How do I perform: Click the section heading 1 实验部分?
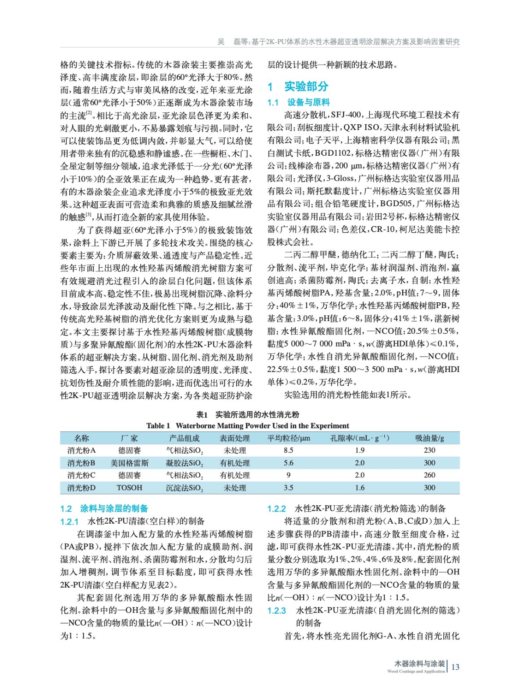click(x=297, y=87)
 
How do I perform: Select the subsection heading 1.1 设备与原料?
click(x=298, y=102)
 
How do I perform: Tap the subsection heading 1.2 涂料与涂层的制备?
click(x=104, y=508)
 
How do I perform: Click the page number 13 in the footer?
click(x=455, y=667)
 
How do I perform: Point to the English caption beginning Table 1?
click(x=248, y=426)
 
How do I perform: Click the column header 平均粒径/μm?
click(x=288, y=438)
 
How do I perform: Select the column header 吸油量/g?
click(x=429, y=438)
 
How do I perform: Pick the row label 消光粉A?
click(x=81, y=450)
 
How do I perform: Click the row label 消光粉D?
click(x=81, y=488)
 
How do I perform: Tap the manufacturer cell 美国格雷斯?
click(x=129, y=463)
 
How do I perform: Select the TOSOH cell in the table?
click(x=129, y=488)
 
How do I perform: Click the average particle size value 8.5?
click(x=288, y=450)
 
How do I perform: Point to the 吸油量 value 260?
click(x=429, y=475)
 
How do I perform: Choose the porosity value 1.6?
click(x=360, y=488)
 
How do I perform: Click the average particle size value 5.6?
click(x=288, y=463)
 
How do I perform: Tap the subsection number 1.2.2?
click(x=276, y=509)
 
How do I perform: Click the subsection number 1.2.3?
click(x=276, y=611)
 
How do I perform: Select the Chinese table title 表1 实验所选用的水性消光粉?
click(x=248, y=414)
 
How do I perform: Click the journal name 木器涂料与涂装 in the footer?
click(x=419, y=664)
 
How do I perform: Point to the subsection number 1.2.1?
click(x=69, y=521)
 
